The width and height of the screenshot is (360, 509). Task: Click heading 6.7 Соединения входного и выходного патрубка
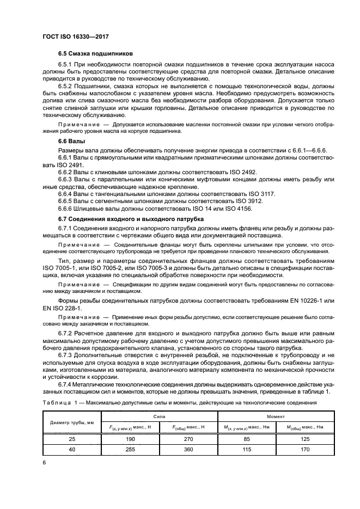click(124, 218)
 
